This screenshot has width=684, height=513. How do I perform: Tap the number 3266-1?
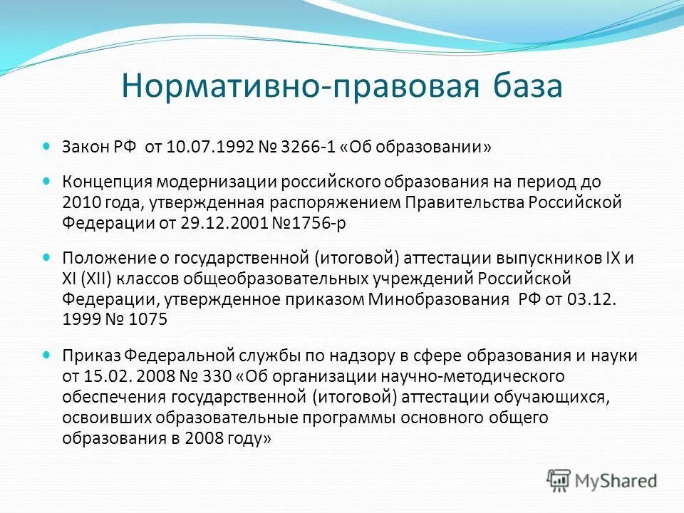pos(305,147)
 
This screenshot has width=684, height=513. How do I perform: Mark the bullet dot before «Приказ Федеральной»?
pos(47,354)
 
